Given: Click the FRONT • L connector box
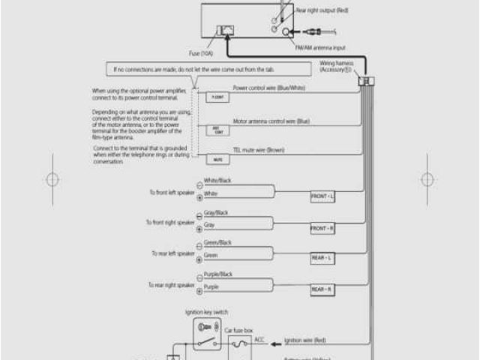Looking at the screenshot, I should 322,196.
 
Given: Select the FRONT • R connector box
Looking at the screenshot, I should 322,228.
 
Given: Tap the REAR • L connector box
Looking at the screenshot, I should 322,258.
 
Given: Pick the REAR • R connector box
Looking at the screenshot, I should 322,289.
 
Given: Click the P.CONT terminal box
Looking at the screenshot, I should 217,97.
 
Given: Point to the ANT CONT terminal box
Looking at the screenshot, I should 217,130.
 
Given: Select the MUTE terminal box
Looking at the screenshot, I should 217,159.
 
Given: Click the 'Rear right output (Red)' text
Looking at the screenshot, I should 323,10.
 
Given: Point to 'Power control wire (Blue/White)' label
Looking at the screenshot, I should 269,88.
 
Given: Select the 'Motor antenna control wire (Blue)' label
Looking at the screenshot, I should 271,120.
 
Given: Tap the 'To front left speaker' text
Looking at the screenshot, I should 171,192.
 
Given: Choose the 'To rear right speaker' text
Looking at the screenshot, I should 171,285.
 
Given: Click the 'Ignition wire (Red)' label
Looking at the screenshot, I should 304,340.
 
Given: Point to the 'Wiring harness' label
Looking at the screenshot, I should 336,64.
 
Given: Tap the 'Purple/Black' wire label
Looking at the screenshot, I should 218,275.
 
